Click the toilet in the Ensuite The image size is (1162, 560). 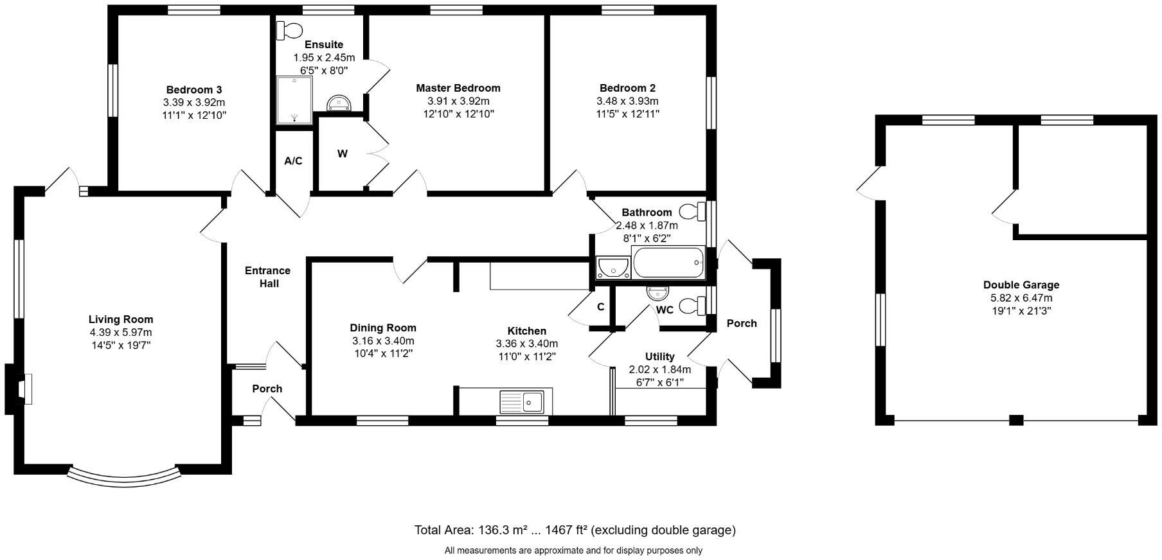tap(290, 30)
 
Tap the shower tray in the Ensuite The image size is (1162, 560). tap(294, 100)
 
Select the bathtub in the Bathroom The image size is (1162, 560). tap(668, 263)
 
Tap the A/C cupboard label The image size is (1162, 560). tap(293, 161)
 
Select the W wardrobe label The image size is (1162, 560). tap(343, 154)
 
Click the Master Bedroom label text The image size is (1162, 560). tap(458, 88)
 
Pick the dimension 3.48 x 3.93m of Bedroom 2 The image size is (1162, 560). tap(627, 101)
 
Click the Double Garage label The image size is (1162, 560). tap(1021, 284)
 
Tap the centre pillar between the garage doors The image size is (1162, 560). tap(1015, 421)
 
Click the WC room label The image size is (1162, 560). tap(665, 310)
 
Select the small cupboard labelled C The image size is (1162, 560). tap(600, 307)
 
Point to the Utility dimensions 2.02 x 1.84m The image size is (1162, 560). tap(659, 369)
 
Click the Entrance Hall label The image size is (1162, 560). tap(267, 277)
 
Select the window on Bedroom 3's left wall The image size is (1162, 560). tap(112, 90)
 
